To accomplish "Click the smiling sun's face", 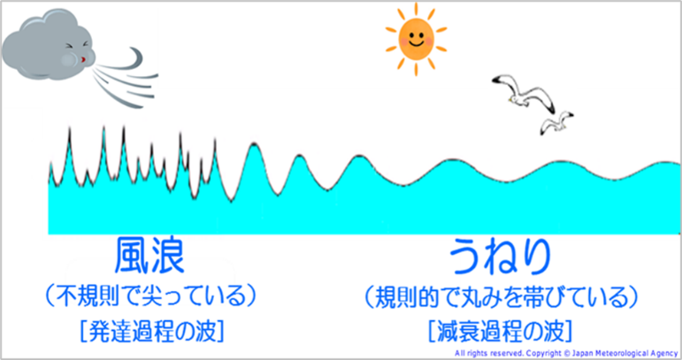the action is (417, 39).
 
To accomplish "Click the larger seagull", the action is (524, 94).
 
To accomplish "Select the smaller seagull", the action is (556, 122).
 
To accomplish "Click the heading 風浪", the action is (149, 257).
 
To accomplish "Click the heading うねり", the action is (500, 257).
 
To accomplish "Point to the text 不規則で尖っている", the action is (151, 296).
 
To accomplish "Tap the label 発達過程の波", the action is (152, 332).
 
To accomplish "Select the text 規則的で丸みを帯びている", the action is (502, 297).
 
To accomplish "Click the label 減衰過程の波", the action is (500, 332).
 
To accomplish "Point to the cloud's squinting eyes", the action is (77, 45).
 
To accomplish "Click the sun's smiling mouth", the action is (417, 44).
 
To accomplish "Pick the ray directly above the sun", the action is (417, 9).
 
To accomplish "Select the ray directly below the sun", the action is (417, 70).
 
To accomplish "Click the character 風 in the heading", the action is (132, 257).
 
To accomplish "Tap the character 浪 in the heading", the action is (168, 257).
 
